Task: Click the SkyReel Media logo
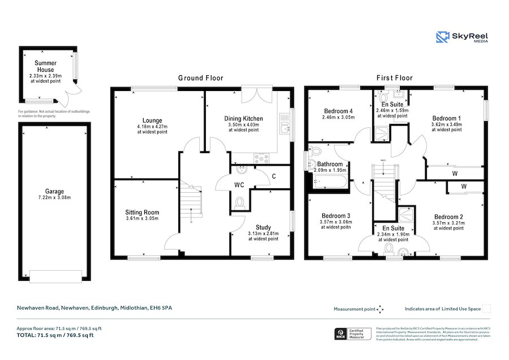point(463,37)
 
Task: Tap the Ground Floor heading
point(201,78)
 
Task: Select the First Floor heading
point(395,78)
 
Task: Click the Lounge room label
point(152,120)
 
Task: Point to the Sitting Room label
point(142,212)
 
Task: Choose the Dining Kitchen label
point(244,118)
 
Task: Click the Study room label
point(263,227)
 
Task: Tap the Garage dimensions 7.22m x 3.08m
point(55,198)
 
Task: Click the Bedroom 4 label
point(338,111)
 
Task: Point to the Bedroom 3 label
point(337,216)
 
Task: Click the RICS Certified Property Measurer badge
point(353,334)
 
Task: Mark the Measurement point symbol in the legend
point(381,309)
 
